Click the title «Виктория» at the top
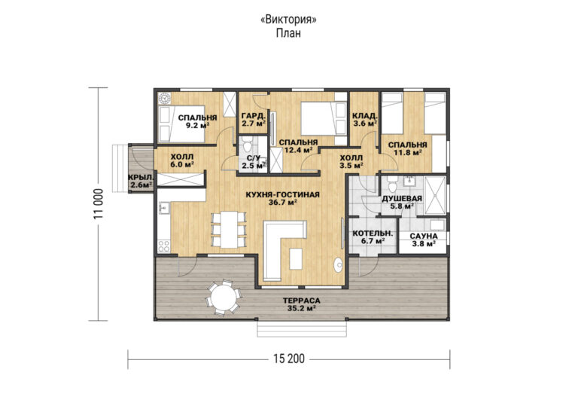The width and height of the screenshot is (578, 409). pyautogui.click(x=288, y=20)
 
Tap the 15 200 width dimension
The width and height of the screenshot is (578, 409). pyautogui.click(x=289, y=359)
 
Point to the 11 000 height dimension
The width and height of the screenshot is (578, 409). pyautogui.click(x=99, y=204)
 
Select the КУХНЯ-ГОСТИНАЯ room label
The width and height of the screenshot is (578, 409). pyautogui.click(x=283, y=194)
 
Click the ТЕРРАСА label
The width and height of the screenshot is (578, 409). pyautogui.click(x=302, y=301)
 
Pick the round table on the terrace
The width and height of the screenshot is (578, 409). pyautogui.click(x=223, y=298)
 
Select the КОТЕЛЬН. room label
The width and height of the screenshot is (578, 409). pyautogui.click(x=373, y=233)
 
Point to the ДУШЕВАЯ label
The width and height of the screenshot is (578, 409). pyautogui.click(x=402, y=199)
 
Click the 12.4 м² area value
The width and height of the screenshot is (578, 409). pyautogui.click(x=298, y=150)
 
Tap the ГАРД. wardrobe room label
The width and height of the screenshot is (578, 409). pyautogui.click(x=254, y=115)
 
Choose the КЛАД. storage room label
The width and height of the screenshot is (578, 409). pyautogui.click(x=364, y=114)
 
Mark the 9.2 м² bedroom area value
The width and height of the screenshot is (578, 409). pyautogui.click(x=198, y=125)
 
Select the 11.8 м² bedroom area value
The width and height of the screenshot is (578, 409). pyautogui.click(x=407, y=152)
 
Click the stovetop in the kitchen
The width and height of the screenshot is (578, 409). pyautogui.click(x=164, y=246)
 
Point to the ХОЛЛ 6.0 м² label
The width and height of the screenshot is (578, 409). pyautogui.click(x=182, y=160)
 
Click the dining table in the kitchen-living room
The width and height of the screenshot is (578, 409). pyautogui.click(x=229, y=230)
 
